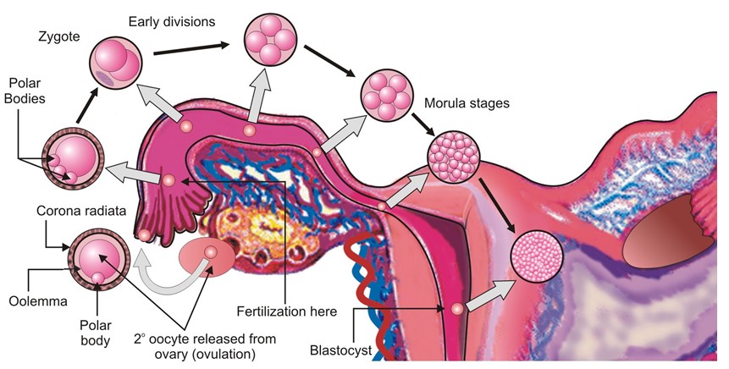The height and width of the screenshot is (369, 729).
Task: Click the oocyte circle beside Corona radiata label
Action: pos(98,257)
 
